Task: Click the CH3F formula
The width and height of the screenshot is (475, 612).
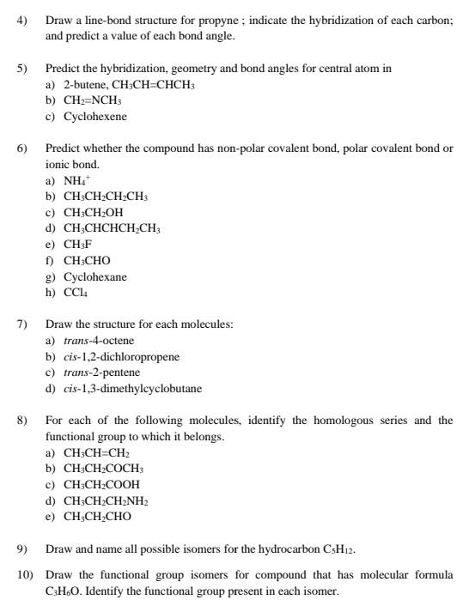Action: pyautogui.click(x=77, y=245)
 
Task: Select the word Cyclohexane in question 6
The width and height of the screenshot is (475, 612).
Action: pyautogui.click(x=94, y=276)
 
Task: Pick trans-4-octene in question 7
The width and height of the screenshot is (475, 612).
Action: pyautogui.click(x=99, y=341)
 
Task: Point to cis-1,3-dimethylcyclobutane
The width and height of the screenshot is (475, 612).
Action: pyautogui.click(x=133, y=389)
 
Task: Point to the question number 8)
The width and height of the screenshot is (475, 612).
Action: pyautogui.click(x=22, y=421)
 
